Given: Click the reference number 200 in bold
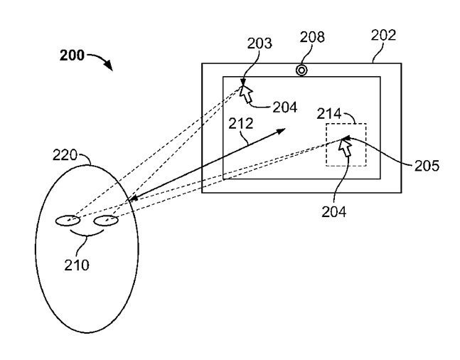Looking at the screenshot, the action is point(72,55).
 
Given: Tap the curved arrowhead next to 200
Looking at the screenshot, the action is point(109,65).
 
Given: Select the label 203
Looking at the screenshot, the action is point(260,43).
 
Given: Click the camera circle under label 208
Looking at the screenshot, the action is point(301,70).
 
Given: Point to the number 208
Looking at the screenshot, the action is point(312,37).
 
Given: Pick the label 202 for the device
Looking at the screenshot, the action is point(383,36).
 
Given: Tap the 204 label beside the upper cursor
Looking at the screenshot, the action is point(285,107).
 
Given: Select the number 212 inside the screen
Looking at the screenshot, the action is point(240,124).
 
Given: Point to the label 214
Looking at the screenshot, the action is point(329,114).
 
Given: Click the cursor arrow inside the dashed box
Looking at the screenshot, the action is point(345,147).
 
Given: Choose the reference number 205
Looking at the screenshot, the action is point(427,166).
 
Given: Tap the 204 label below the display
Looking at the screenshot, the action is point(334,211).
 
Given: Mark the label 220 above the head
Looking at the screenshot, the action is point(65,155).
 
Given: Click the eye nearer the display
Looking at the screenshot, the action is point(106,221).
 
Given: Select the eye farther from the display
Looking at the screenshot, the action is point(68,221).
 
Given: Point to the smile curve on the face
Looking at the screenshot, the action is point(87,234).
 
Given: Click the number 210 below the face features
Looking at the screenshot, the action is point(77,265).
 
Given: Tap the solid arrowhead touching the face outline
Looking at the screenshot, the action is point(134,198).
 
